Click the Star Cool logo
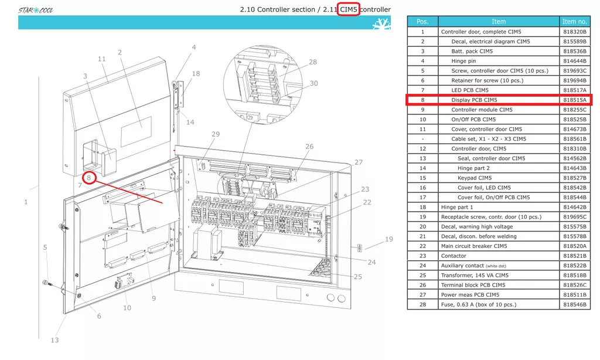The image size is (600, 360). click(36, 10)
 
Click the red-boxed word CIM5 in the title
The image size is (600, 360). click(348, 9)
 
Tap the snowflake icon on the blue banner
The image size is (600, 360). click(381, 23)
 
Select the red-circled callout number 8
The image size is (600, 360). click(89, 178)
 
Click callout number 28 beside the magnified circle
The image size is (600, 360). click(313, 62)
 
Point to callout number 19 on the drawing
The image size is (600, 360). click(389, 239)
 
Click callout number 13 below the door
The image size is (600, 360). click(54, 340)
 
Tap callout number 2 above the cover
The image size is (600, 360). click(120, 52)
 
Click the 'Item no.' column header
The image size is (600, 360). click(574, 22)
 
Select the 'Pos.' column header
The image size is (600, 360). click(422, 22)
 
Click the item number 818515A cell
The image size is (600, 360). click(574, 100)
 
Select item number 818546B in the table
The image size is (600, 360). click(574, 304)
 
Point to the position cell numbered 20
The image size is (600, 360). click(422, 226)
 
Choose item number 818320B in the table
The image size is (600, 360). click(574, 32)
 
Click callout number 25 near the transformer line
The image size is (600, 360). click(358, 277)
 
